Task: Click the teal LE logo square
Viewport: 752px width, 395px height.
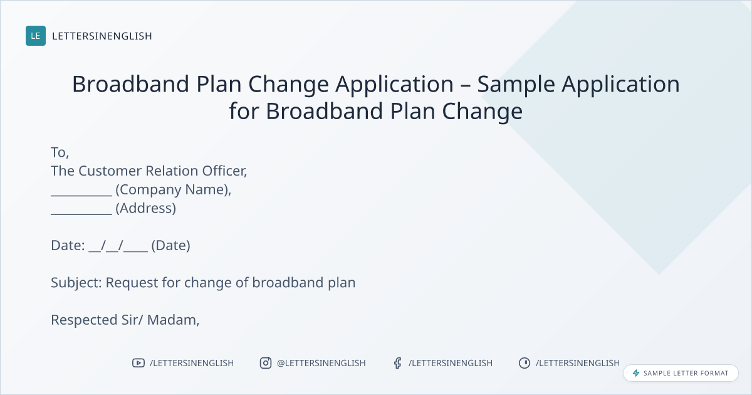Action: coord(36,36)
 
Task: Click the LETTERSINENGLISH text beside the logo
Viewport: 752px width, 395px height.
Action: coord(102,36)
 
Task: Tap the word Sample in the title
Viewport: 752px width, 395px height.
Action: coord(516,85)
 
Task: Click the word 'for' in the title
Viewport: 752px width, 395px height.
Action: coord(244,111)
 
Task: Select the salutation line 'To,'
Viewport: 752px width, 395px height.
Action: coord(60,152)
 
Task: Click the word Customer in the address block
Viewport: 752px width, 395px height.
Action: coord(110,171)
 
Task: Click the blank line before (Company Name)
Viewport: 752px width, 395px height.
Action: coord(81,195)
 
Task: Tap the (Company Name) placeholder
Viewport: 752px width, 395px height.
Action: coord(173,190)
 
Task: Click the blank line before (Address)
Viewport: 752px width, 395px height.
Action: coord(81,214)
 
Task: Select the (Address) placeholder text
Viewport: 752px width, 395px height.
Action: coord(145,208)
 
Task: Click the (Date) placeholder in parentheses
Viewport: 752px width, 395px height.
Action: coord(170,246)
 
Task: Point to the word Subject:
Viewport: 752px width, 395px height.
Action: coord(76,283)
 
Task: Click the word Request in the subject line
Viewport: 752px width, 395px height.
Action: coord(132,283)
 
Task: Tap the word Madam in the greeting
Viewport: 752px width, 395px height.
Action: coord(173,320)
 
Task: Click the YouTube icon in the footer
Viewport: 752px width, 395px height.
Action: coord(138,363)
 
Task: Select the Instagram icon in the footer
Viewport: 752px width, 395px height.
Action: coord(266,363)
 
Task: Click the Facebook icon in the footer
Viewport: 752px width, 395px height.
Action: coord(397,363)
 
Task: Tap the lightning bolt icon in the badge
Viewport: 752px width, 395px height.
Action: coord(636,373)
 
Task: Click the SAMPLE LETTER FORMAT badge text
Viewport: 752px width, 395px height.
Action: coord(686,373)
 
